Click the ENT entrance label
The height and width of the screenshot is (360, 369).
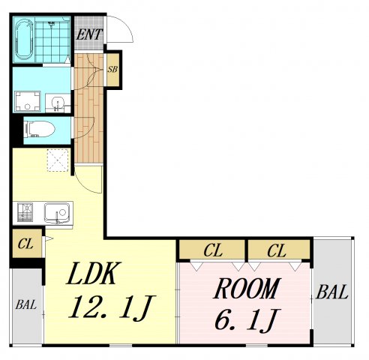click(89, 34)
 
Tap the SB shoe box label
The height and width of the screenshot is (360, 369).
click(112, 69)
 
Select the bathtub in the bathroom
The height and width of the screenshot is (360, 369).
click(24, 39)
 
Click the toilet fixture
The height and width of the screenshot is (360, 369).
click(39, 129)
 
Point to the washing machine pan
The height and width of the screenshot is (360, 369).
click(28, 101)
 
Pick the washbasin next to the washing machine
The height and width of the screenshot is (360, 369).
click(58, 103)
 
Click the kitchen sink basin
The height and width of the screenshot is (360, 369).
click(57, 212)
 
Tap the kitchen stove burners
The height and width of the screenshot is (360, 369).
click(25, 212)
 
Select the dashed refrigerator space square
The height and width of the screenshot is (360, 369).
click(58, 160)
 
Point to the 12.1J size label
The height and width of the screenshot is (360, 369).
click(112, 307)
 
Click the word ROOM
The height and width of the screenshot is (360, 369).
click(247, 289)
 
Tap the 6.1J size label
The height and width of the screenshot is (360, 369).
click(247, 320)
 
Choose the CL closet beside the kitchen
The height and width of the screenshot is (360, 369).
click(27, 244)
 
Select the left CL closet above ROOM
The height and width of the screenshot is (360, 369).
click(212, 250)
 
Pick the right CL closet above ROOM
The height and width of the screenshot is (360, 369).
click(279, 250)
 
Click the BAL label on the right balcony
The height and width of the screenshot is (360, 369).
click(332, 292)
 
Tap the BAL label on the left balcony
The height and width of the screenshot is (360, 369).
click(26, 305)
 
